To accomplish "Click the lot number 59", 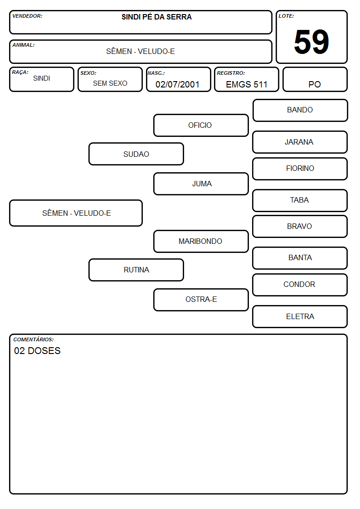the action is click(311, 42).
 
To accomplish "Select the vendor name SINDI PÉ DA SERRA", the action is click(156, 17).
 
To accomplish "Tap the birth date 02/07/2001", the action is click(177, 84).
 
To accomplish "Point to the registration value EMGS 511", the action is click(246, 84).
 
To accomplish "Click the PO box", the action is click(315, 79).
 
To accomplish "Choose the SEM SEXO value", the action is click(110, 83).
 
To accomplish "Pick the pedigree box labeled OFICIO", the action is click(201, 125).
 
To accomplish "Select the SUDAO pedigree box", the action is click(136, 154).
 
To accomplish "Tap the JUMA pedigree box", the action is click(201, 184).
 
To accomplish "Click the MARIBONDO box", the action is click(201, 241).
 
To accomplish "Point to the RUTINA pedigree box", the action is click(136, 270).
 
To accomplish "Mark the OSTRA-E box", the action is click(201, 300).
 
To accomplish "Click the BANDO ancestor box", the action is click(300, 111).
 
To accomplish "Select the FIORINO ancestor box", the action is click(300, 169).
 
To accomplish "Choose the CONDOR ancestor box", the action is click(300, 285).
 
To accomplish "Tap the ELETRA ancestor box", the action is click(300, 316).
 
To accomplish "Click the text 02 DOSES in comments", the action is click(37, 350).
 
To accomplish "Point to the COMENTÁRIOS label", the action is click(34, 339).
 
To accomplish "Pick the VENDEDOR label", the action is click(27, 16).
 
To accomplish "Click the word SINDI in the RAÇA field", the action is click(42, 78).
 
